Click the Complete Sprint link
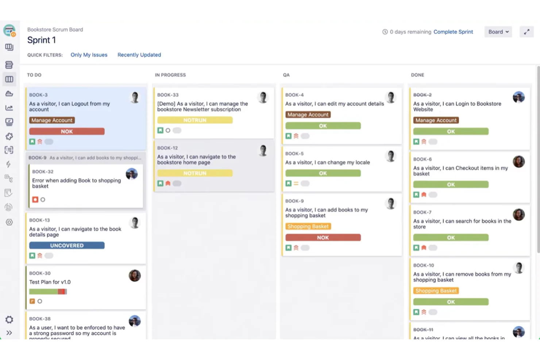click(x=453, y=32)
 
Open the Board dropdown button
click(x=498, y=32)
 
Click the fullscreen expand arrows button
click(x=526, y=32)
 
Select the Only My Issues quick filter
click(x=89, y=55)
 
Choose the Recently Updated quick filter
click(x=139, y=55)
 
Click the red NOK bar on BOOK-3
click(x=67, y=131)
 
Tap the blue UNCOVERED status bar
click(x=67, y=245)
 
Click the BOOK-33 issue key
click(x=168, y=95)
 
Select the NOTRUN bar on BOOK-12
click(x=195, y=173)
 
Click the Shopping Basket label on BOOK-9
click(x=308, y=227)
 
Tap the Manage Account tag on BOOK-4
click(x=308, y=115)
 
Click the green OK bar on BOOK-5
click(x=323, y=173)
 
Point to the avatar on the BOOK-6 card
click(x=518, y=162)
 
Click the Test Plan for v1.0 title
click(x=50, y=282)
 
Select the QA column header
click(x=286, y=75)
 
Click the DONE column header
click(x=417, y=75)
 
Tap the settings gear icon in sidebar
click(x=9, y=320)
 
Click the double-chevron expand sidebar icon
click(x=9, y=333)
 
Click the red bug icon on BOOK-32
click(x=35, y=200)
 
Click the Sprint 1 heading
click(x=42, y=40)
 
